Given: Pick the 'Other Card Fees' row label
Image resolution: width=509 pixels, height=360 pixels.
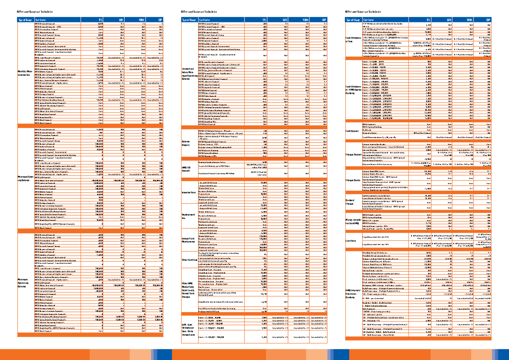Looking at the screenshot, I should pyautogui.click(x=189, y=260).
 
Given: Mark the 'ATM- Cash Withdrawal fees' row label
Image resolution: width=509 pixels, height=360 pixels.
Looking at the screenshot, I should pyautogui.click(x=188, y=330).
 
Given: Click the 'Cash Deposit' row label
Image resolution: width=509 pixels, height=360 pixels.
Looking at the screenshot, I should pyautogui.click(x=353, y=131).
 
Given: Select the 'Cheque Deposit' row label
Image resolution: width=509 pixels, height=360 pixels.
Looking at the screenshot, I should pyautogui.click(x=354, y=154).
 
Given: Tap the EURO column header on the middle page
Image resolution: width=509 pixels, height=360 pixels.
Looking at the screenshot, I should pyautogui.click(x=307, y=20).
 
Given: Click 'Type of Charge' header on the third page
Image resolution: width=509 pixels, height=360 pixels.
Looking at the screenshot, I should pyautogui.click(x=354, y=20).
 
